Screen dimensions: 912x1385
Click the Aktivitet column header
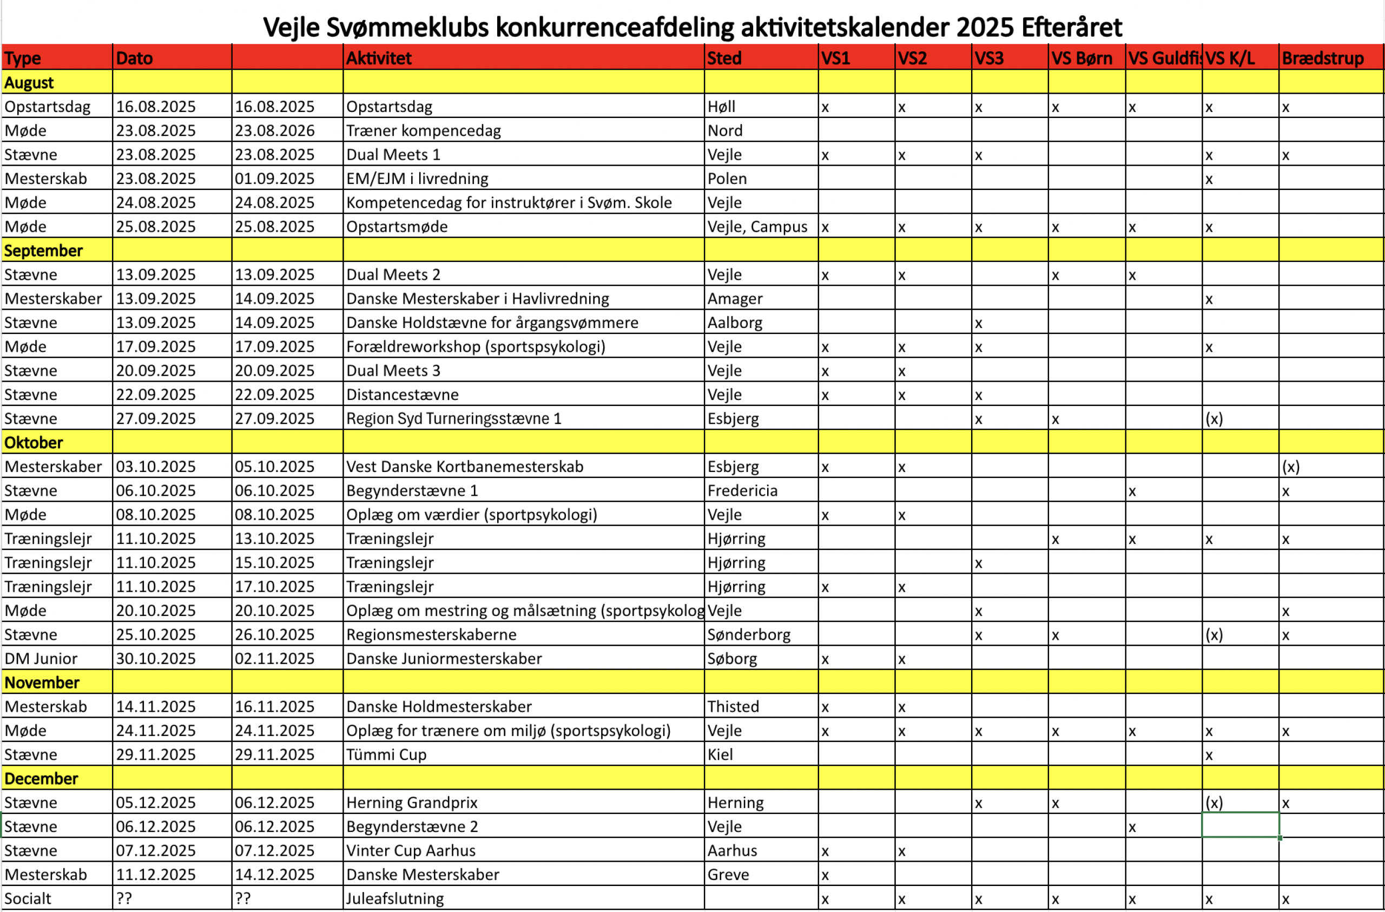[x=379, y=58]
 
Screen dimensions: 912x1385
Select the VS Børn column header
[x=1081, y=58]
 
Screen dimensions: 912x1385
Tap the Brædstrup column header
[x=1322, y=58]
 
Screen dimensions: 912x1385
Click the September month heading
[x=44, y=251]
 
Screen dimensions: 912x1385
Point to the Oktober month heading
[x=34, y=443]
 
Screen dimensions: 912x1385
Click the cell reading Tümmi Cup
[x=386, y=755]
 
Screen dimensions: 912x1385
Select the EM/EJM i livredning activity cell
[x=417, y=179]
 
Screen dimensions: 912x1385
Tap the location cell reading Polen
[x=727, y=179]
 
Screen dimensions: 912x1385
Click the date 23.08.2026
[x=275, y=131]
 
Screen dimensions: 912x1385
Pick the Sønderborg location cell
[x=748, y=635]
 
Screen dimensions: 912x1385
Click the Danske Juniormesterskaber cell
[x=444, y=659]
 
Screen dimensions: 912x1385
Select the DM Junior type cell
[x=41, y=659]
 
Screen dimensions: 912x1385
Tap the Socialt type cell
[x=28, y=898]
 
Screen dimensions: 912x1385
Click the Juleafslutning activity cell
[x=395, y=898]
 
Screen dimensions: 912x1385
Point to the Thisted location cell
[x=733, y=706]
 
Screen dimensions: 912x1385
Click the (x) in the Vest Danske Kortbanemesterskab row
[x=1290, y=467]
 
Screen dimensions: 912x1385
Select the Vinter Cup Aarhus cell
[x=411, y=851]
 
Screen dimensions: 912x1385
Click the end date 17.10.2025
[x=275, y=587]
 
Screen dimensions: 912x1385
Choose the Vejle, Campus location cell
[x=757, y=227]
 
